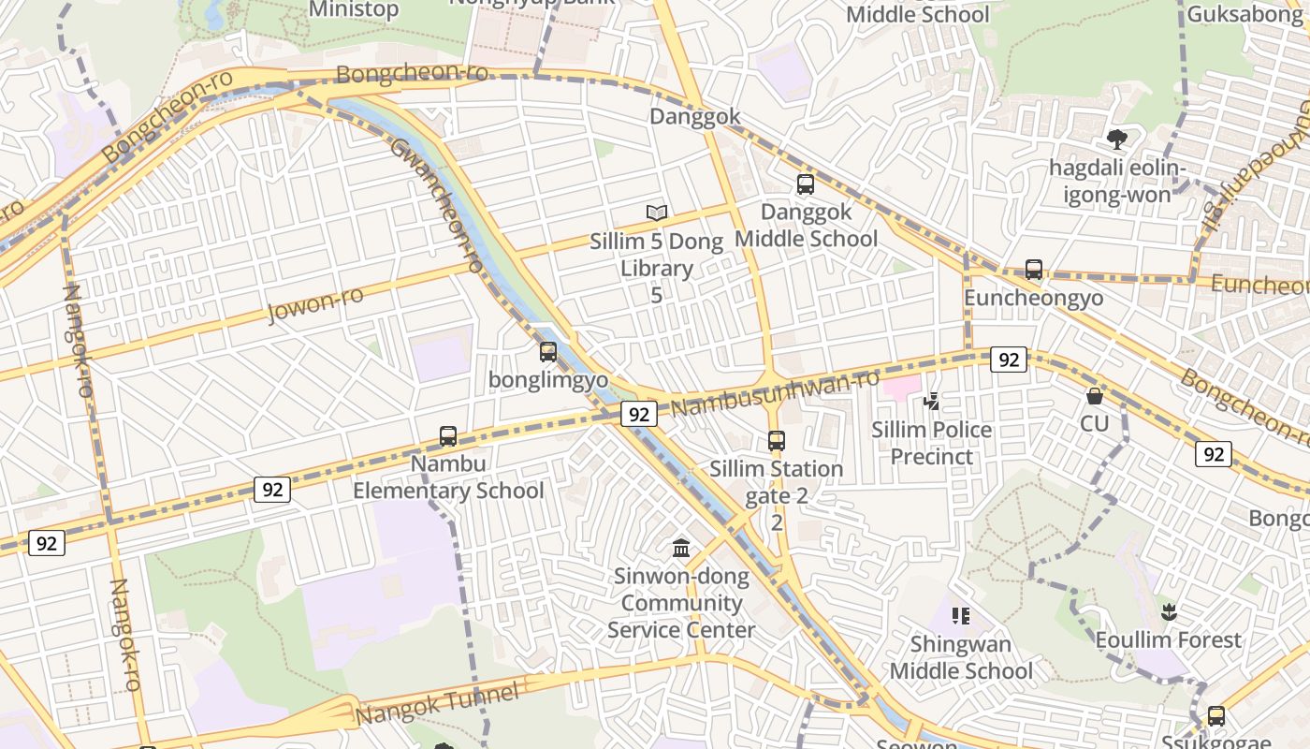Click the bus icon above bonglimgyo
pos(548,352)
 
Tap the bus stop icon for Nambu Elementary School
pos(448,436)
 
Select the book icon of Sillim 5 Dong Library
pos(657,213)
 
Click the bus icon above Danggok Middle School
pos(806,184)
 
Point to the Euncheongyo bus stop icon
pos(1034,270)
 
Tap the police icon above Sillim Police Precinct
pos(931,403)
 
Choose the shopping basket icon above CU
pos(1094,396)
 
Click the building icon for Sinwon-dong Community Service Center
pos(681,548)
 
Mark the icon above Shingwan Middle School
pos(960,616)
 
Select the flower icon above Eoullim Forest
pos(1168,613)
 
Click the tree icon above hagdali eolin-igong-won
pos(1116,140)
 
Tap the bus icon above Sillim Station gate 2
pos(776,440)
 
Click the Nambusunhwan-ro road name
pos(775,393)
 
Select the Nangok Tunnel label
pos(437,705)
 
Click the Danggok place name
pos(695,117)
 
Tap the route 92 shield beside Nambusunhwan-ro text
pos(638,414)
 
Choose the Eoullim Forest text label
pos(1168,640)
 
